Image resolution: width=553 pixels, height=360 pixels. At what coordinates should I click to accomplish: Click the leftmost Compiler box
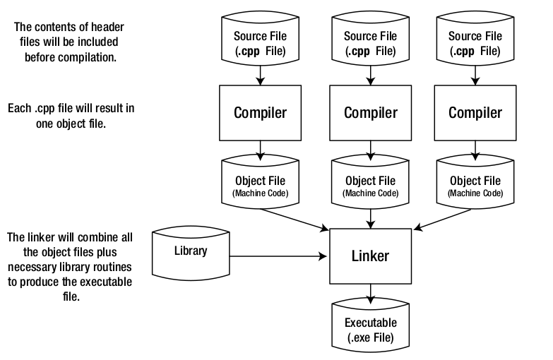(x=261, y=112)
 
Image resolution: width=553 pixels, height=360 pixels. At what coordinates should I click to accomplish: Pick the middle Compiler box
(x=370, y=112)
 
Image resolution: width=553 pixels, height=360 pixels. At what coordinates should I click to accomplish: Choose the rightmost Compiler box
(x=475, y=112)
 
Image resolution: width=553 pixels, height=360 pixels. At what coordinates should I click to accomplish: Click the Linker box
(x=370, y=256)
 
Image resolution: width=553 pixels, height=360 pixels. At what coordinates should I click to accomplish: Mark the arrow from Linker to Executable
(x=370, y=292)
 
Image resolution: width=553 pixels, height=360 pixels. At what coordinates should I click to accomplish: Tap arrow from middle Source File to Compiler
(x=370, y=74)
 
